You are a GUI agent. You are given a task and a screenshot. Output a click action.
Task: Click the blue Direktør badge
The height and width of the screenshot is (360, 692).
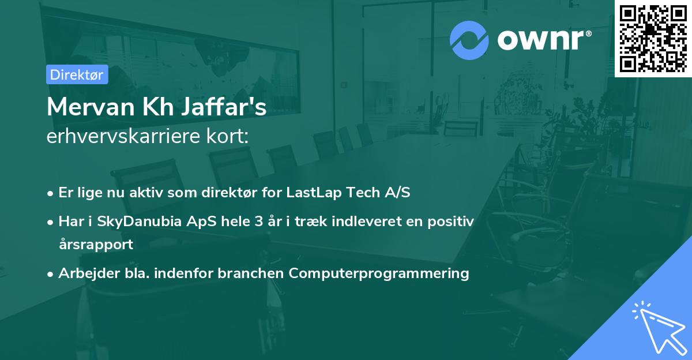click(x=77, y=74)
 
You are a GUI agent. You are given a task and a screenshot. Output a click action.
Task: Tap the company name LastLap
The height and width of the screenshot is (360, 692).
click(x=314, y=193)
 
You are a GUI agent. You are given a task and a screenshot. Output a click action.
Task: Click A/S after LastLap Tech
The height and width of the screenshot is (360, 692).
click(x=397, y=193)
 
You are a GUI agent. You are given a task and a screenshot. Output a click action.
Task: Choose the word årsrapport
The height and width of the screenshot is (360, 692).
click(x=96, y=244)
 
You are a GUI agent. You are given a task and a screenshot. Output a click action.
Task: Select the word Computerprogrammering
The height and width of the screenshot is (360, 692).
click(x=379, y=273)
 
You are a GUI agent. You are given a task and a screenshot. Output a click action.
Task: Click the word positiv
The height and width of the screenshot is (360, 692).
click(x=452, y=222)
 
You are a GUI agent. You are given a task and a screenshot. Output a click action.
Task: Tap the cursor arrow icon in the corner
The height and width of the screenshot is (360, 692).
click(x=657, y=325)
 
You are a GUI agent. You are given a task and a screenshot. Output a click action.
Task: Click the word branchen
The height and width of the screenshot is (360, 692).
click(x=251, y=273)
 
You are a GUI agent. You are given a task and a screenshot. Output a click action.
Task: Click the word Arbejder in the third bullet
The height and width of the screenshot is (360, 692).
click(x=84, y=273)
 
